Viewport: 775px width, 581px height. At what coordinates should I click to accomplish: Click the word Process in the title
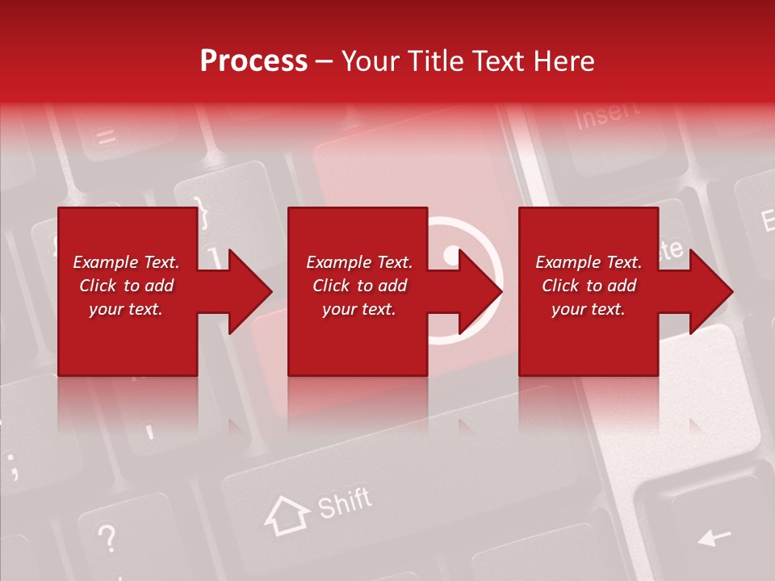coord(253,61)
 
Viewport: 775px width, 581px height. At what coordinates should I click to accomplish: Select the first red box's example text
coord(126,286)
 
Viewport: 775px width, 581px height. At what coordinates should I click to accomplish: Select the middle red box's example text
coord(359,286)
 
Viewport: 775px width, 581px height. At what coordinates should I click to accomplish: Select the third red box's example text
coord(589,286)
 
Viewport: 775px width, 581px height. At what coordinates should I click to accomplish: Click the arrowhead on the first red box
coord(246,291)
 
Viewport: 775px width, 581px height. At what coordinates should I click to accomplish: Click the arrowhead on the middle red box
coord(477,291)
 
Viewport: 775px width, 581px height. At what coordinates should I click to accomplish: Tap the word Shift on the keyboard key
coord(344,504)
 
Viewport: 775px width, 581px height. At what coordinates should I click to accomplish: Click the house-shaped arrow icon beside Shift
coord(287,515)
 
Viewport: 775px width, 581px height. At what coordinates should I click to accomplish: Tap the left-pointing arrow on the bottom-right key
coord(714,536)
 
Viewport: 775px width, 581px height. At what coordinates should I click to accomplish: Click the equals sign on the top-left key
coord(106,136)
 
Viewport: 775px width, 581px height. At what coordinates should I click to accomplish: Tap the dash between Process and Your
coord(325,62)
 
